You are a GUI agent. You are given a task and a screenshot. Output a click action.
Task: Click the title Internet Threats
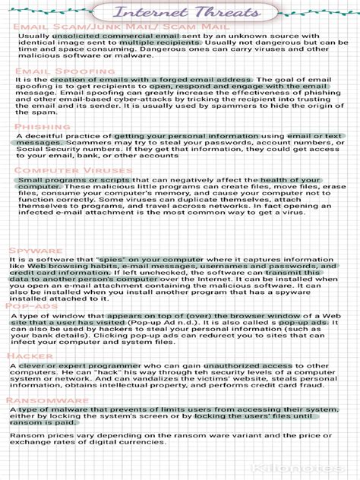[180, 12]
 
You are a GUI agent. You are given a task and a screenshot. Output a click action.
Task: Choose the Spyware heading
[36, 250]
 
